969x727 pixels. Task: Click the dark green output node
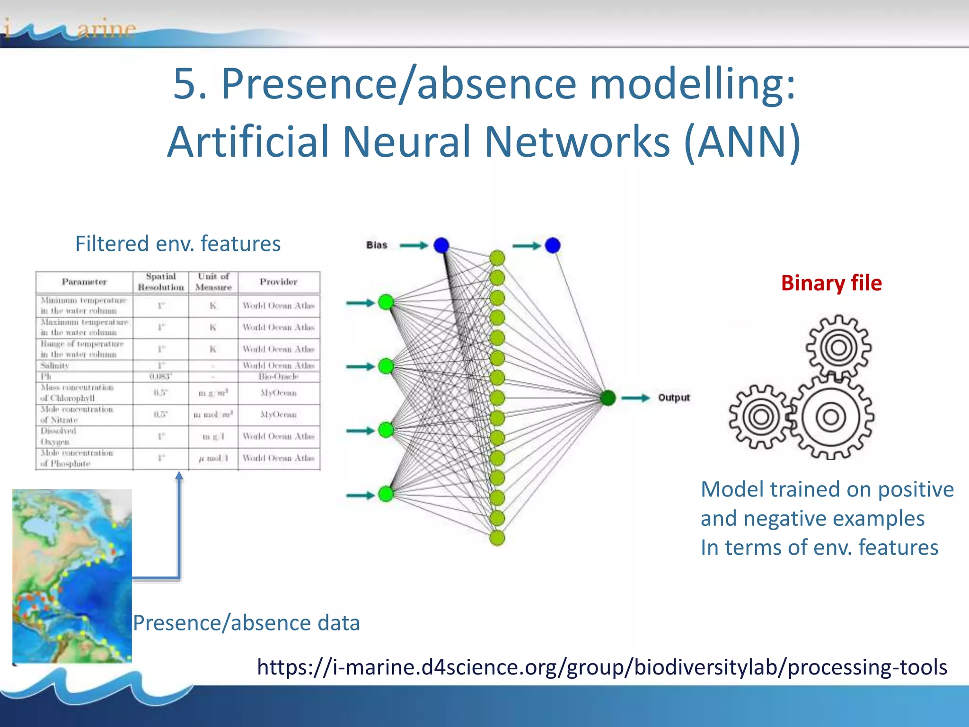[608, 398]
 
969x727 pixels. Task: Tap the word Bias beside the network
[377, 245]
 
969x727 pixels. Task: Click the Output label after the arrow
[674, 398]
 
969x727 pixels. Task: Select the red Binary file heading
[831, 283]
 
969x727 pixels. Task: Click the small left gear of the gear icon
[761, 417]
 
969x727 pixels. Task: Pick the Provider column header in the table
[278, 282]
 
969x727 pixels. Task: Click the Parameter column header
[84, 282]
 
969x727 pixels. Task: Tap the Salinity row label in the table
[55, 365]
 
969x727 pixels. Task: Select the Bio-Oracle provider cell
[278, 376]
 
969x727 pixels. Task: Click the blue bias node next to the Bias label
[441, 245]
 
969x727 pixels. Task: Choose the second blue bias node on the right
[553, 245]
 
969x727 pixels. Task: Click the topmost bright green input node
[386, 302]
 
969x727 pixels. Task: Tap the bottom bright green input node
[386, 494]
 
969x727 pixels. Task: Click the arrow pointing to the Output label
[635, 398]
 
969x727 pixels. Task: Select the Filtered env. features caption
[178, 244]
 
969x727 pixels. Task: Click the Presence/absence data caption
[246, 623]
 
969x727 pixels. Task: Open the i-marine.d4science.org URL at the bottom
[602, 667]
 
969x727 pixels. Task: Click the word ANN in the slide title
[742, 142]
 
